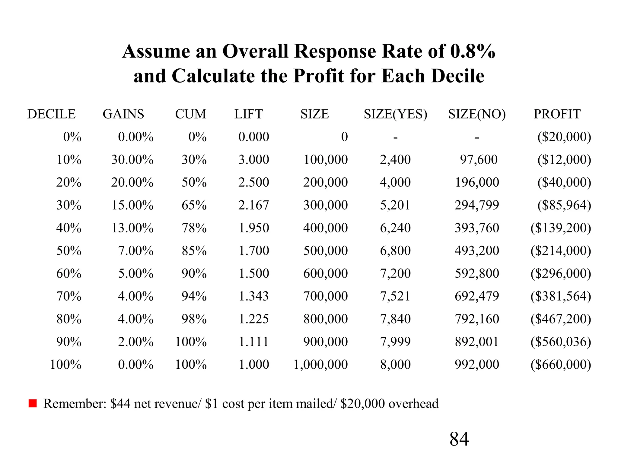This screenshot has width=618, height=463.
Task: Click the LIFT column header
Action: coord(249,114)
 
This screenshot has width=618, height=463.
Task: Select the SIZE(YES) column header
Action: coord(395,114)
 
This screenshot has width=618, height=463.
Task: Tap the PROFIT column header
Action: coord(557,114)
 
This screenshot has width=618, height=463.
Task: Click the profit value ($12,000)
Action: coord(564,160)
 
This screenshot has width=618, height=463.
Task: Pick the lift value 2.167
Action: coord(253,205)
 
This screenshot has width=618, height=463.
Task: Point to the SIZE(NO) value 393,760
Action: coord(477,228)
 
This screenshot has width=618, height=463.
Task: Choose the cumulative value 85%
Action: coord(194,251)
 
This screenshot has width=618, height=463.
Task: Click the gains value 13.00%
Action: coord(132,228)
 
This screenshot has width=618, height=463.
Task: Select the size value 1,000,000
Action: coord(320,365)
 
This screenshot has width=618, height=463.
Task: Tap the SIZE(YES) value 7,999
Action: coord(395,342)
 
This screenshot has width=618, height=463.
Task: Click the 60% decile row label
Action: coord(69,274)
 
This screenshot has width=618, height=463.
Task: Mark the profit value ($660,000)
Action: coord(561,365)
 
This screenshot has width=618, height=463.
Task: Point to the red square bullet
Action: coord(33,403)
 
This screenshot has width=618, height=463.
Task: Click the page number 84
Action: coord(459,439)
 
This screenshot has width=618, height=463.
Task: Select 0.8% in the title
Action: coord(473,51)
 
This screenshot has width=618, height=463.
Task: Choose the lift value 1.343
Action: coord(253,296)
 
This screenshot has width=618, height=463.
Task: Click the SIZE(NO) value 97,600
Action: coord(479,160)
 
